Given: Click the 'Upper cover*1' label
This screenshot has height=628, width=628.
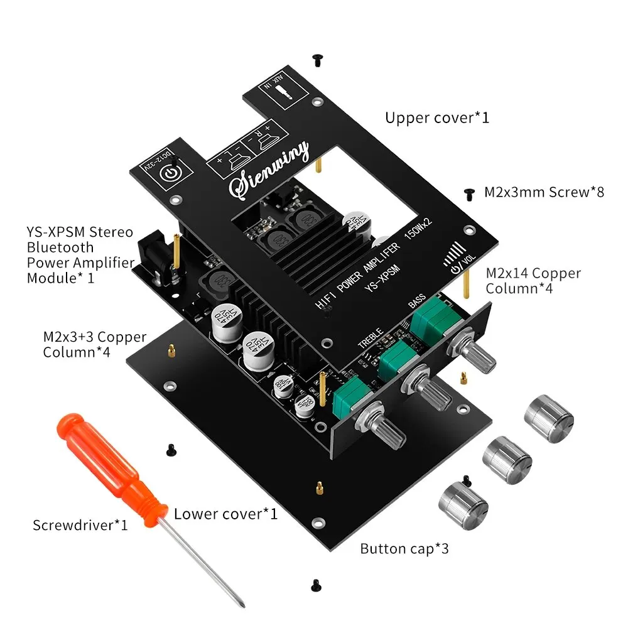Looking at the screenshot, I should [436, 117].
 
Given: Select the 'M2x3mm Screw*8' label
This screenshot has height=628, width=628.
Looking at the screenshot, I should [544, 192].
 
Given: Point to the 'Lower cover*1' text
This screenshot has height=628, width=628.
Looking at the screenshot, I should [225, 514].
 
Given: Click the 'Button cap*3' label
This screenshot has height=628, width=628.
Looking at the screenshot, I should [404, 548].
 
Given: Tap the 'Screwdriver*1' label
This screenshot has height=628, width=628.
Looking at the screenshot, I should [80, 524].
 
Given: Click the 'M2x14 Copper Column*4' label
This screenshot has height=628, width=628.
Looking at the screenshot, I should [534, 281].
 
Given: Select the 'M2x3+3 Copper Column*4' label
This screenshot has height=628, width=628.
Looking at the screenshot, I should [94, 344].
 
